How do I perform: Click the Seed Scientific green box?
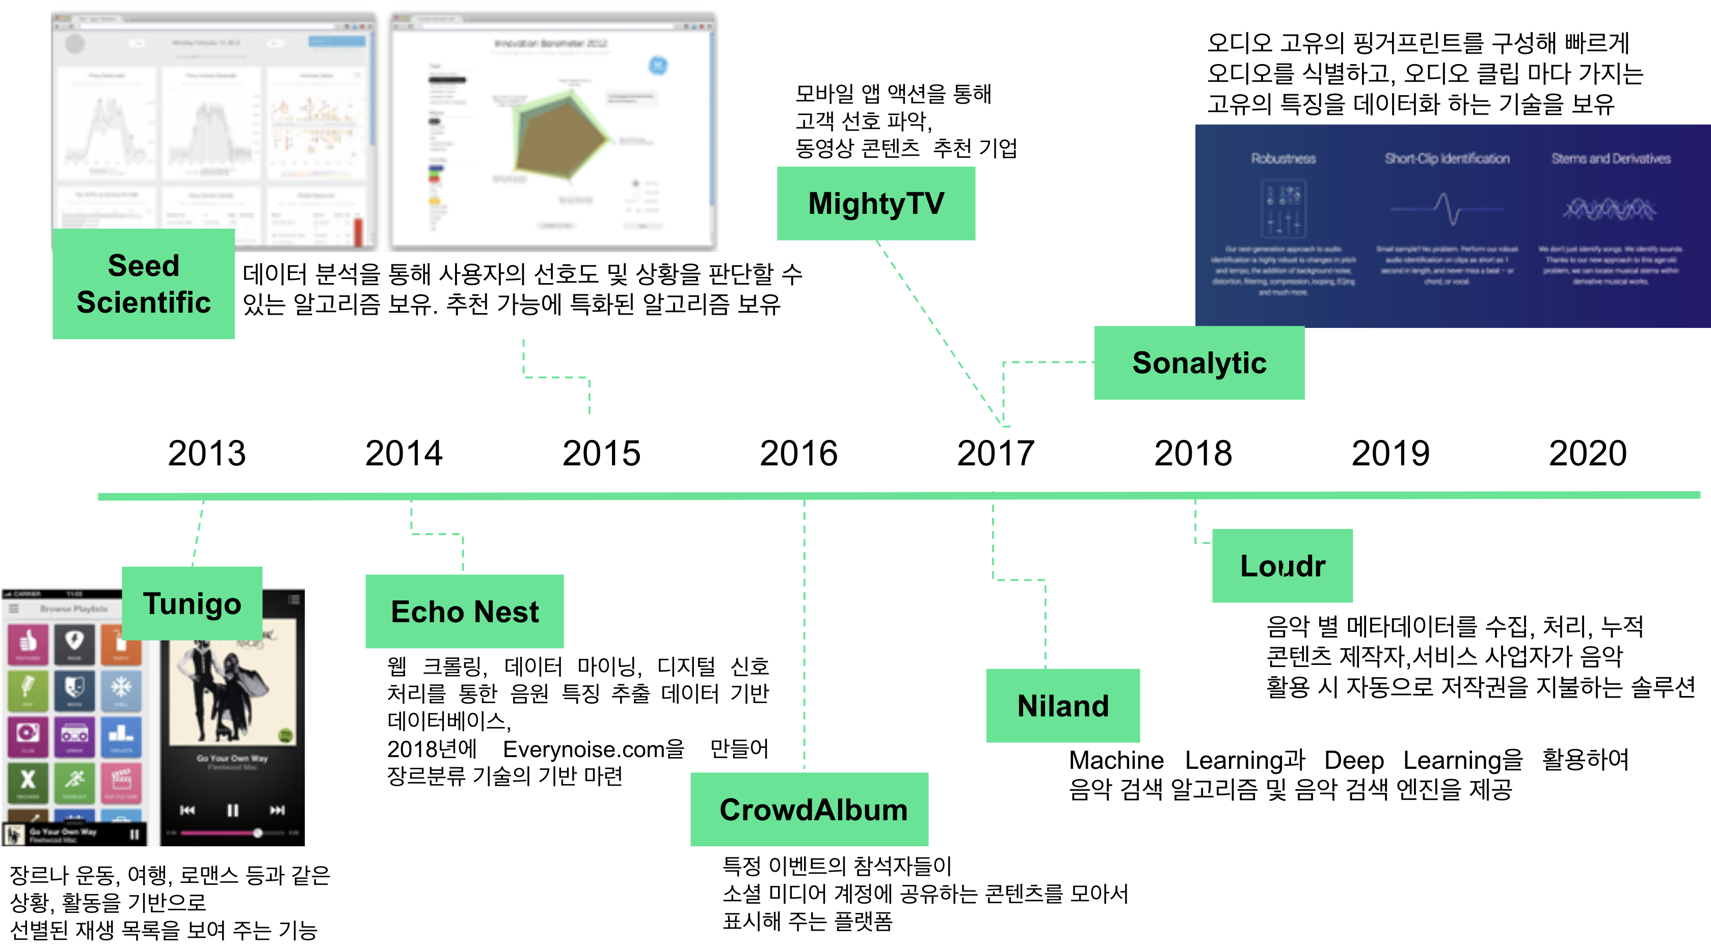(144, 284)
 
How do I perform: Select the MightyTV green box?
(875, 203)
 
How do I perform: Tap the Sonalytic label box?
(1199, 363)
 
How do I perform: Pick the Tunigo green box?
(192, 603)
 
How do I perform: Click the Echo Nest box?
(464, 611)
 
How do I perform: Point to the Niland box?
(1063, 705)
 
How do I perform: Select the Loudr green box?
(1282, 565)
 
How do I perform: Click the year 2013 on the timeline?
(206, 454)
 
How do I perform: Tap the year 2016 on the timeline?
(798, 454)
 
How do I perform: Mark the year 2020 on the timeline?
(1588, 454)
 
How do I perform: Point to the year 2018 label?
(1193, 454)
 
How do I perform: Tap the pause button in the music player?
(232, 810)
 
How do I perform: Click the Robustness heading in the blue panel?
(1283, 159)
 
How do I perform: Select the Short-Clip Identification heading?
(1447, 159)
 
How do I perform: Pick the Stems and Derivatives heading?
(1611, 159)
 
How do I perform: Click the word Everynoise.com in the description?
(593, 749)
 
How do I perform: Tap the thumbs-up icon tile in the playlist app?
(28, 643)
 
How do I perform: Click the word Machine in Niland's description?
(1116, 760)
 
